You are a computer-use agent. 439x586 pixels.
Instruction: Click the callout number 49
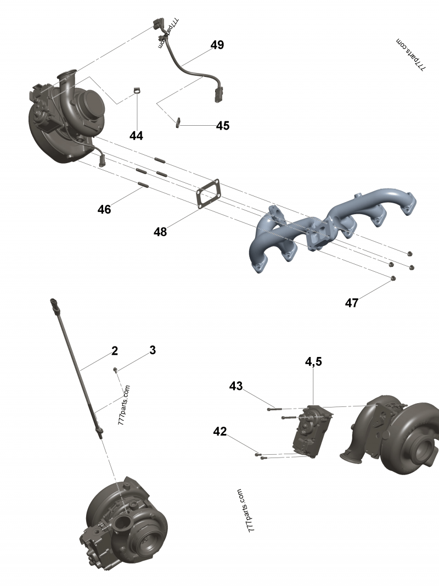click(x=217, y=45)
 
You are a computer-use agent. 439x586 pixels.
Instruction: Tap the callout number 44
click(x=136, y=136)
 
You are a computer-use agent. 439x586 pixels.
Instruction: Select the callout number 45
click(x=222, y=126)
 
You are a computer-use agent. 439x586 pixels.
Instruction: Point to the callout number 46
click(x=104, y=209)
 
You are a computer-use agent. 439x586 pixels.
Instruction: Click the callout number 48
click(x=160, y=232)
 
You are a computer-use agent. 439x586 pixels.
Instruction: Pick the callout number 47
click(x=352, y=303)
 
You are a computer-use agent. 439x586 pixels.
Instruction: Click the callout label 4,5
click(x=313, y=361)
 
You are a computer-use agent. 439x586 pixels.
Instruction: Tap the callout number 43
click(x=236, y=386)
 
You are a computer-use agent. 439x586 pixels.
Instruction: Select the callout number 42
click(x=220, y=432)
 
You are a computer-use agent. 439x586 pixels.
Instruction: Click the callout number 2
click(x=115, y=350)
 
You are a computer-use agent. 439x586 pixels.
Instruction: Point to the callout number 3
click(x=153, y=350)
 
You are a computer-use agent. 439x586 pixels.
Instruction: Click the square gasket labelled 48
click(x=209, y=194)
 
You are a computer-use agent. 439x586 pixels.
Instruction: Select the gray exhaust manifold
click(x=329, y=225)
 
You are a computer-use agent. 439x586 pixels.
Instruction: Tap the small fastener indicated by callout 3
click(x=116, y=369)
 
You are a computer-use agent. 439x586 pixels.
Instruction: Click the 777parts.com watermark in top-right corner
click(x=411, y=55)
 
